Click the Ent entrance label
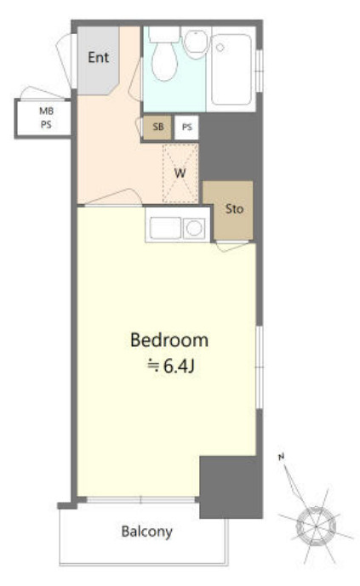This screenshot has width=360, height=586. click(x=99, y=57)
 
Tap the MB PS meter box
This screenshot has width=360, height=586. click(x=43, y=118)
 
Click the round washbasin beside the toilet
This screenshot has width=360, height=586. click(x=196, y=43)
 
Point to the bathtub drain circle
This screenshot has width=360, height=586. click(x=220, y=48)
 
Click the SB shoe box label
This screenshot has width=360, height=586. click(x=158, y=127)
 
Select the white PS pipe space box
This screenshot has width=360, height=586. click(x=187, y=127)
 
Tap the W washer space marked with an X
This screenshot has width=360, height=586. click(x=180, y=173)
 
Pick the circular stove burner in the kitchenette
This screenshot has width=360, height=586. click(x=194, y=228)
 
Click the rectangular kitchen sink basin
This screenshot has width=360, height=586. click(x=165, y=228)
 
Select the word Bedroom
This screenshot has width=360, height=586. click(x=169, y=340)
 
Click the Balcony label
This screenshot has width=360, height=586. click(x=147, y=532)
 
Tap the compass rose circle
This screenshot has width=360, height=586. click(x=316, y=526)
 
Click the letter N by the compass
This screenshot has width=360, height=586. click(x=282, y=457)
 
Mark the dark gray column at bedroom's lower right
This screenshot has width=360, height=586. click(x=231, y=487)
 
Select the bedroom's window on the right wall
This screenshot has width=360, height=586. click(x=260, y=367)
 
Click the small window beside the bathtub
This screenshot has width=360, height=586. click(x=260, y=71)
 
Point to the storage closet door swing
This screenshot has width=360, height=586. click(x=232, y=247)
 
